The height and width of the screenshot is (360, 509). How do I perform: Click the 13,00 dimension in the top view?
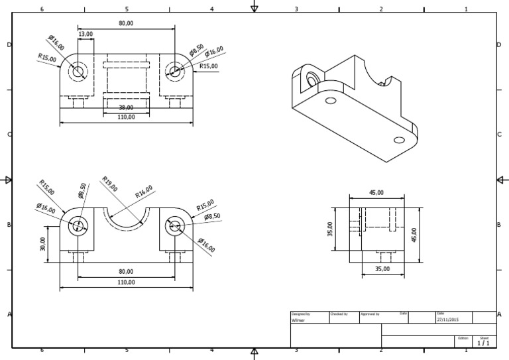85,33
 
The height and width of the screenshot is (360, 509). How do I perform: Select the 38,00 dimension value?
126,107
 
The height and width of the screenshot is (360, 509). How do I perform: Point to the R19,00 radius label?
109,184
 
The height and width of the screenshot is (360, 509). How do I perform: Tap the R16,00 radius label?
143,192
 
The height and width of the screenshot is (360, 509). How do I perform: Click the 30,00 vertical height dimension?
44,245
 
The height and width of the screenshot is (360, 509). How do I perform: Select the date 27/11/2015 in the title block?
448,319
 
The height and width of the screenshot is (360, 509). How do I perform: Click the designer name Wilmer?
299,319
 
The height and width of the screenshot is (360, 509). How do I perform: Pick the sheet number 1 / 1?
483,343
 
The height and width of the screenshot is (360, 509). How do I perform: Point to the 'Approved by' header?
369,313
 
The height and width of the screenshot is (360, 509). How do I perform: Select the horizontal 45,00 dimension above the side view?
376,193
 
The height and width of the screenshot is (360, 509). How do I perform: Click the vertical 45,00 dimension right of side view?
414,235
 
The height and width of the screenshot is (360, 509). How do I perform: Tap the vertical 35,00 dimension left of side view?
330,229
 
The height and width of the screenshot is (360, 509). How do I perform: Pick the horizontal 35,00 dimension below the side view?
382,269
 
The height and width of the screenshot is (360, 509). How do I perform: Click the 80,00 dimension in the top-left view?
126,23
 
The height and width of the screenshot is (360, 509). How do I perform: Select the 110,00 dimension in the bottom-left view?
126,282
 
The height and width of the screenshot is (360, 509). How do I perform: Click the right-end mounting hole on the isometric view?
399,140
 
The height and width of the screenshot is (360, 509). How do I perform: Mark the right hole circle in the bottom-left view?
175,225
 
